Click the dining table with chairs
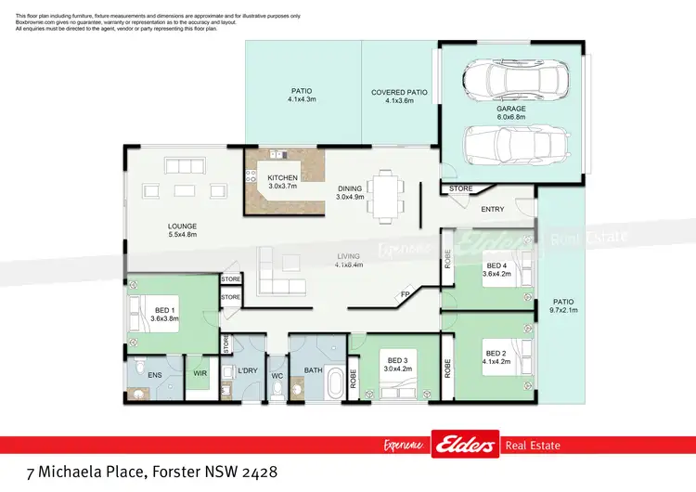[385, 196]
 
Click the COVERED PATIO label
[398, 97]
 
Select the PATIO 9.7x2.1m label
[563, 306]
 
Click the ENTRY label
[492, 209]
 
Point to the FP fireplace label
[405, 295]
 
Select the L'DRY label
[247, 371]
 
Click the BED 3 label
[397, 365]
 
